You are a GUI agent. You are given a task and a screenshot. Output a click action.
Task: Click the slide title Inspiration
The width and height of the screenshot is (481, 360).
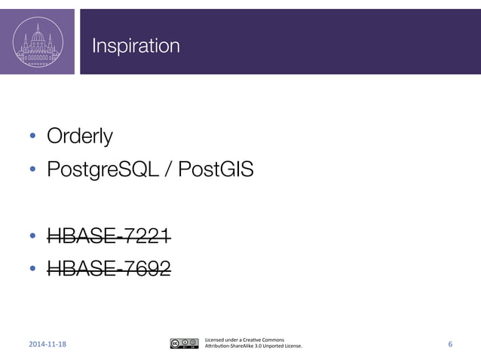136,47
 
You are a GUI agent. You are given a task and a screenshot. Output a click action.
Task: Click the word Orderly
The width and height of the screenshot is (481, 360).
80,136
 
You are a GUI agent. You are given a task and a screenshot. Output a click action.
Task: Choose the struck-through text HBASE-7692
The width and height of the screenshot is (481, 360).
109,267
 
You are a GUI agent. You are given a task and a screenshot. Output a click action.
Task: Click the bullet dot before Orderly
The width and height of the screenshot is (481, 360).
32,137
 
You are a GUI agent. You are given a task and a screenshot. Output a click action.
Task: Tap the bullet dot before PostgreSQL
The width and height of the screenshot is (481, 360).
32,170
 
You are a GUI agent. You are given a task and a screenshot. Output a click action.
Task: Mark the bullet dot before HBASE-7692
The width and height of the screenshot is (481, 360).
32,268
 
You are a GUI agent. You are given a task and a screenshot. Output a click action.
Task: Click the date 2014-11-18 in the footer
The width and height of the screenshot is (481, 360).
47,345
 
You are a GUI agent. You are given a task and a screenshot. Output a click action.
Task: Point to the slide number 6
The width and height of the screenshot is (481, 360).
450,344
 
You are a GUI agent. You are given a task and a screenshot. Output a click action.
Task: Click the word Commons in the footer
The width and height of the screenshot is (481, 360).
272,339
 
